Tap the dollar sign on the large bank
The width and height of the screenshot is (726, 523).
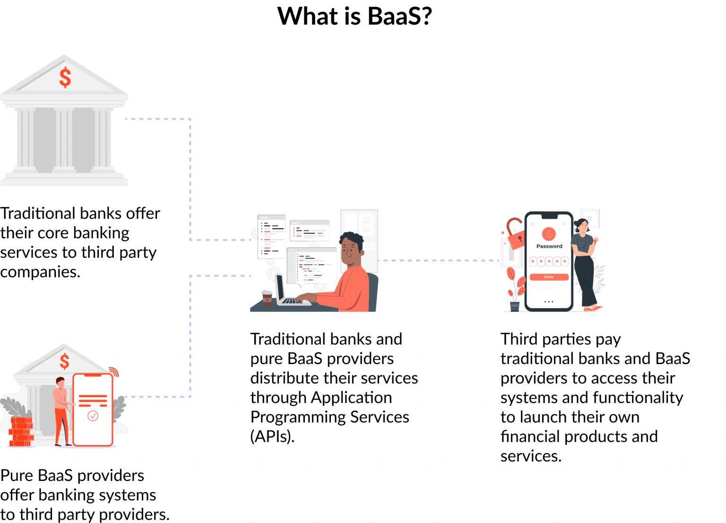65,78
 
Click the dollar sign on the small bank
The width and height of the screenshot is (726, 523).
64,362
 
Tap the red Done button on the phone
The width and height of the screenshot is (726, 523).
549,277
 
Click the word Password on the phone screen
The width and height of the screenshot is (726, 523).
549,246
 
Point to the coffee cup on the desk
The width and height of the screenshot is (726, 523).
267,298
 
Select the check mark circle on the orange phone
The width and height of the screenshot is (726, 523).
93,416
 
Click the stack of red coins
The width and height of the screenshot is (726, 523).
21,431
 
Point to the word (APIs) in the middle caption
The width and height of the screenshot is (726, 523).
272,436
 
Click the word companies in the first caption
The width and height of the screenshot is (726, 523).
40,272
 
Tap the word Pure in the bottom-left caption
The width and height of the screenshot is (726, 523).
17,476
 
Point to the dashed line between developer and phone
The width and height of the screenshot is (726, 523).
440,260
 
